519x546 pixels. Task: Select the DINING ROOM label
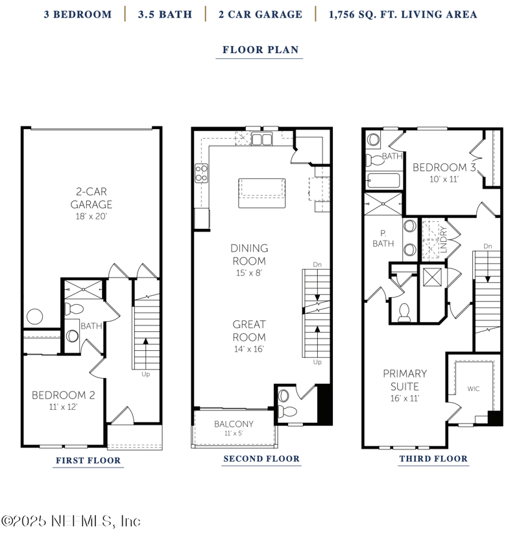point(248,254)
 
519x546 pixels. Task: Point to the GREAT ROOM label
point(248,331)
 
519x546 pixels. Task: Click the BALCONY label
point(234,424)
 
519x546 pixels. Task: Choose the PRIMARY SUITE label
point(405,379)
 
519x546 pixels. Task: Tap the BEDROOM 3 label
point(445,167)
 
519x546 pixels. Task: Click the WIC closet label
point(474,389)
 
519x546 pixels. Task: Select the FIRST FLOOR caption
point(88,460)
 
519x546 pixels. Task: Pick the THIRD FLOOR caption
point(433,458)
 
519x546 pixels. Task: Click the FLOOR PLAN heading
point(259,50)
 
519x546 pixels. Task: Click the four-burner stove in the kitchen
point(202,172)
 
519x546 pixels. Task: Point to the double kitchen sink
point(262,139)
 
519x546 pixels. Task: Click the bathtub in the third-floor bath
point(381,181)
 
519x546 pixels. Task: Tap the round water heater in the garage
point(34,318)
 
